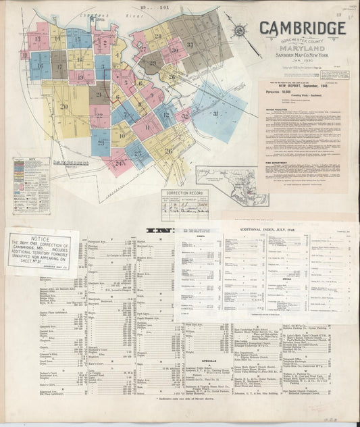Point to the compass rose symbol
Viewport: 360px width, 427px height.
click(240, 31)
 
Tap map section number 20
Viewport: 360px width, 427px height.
click(64, 106)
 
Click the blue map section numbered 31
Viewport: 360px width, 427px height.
click(216, 114)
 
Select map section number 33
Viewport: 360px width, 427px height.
click(190, 45)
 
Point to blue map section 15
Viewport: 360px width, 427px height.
click(78, 39)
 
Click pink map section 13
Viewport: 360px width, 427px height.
click(38, 39)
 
